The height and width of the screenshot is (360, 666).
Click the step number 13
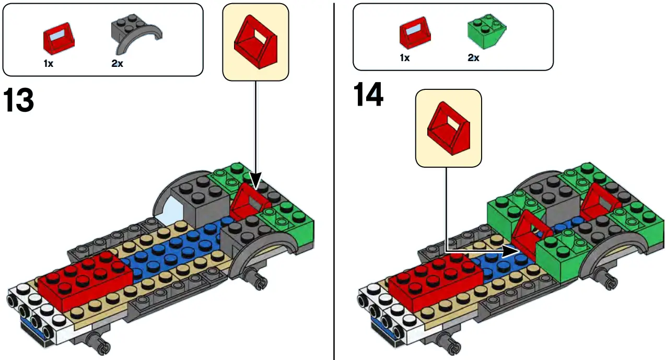pos(19,100)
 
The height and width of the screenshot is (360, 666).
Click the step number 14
pos(368,95)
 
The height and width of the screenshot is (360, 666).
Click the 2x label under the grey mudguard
pos(118,64)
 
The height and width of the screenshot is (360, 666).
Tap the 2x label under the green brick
pos(473,58)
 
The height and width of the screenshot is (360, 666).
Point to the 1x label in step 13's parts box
pos(49,64)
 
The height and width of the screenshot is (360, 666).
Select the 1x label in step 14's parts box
pos(405,58)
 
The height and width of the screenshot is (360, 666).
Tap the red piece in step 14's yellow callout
pos(448,129)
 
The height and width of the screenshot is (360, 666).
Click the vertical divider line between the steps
pos(333,180)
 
